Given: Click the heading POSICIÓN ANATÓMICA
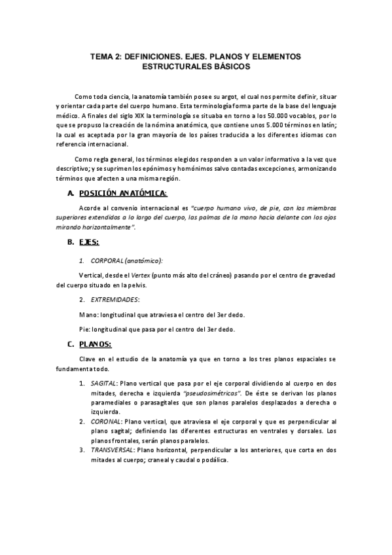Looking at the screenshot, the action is tap(122, 193).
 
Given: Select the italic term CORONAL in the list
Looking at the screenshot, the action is tap(105, 422).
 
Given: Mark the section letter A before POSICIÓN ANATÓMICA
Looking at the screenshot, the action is tap(70, 193).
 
